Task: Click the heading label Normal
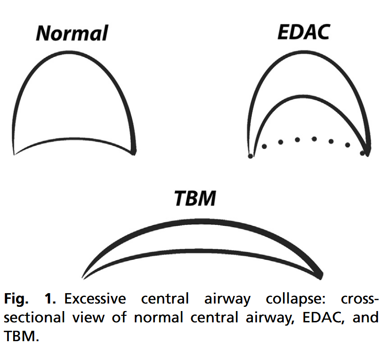tap(72, 33)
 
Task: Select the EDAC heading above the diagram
tap(304, 32)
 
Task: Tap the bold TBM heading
tap(195, 198)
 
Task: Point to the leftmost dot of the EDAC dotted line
tap(251, 156)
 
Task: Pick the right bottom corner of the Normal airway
tap(134, 152)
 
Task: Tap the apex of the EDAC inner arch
tap(298, 96)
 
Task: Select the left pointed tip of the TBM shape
tap(83, 279)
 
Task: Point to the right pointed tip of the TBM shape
tap(321, 276)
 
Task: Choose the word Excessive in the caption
tap(95, 298)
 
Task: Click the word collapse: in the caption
tap(296, 299)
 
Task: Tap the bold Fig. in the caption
tap(16, 299)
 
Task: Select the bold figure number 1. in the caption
tap(50, 298)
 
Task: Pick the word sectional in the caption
tap(34, 317)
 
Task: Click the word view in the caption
tap(89, 318)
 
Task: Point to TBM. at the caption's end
tap(22, 336)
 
